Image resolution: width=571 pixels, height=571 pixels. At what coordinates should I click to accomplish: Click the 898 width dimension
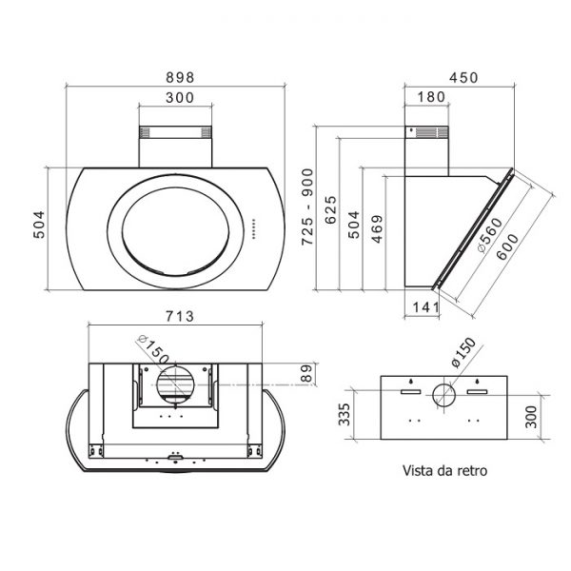click(x=180, y=78)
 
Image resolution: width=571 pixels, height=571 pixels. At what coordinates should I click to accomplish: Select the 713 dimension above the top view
click(x=180, y=317)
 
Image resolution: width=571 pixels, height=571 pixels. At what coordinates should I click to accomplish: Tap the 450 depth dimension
click(x=463, y=78)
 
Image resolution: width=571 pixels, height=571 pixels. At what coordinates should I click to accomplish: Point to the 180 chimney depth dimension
click(x=431, y=97)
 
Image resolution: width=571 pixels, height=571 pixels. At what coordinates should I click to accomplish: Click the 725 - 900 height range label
click(x=307, y=207)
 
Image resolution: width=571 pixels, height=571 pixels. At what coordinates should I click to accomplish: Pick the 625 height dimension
click(x=330, y=209)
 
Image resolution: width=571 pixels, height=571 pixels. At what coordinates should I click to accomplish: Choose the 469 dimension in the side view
click(x=377, y=229)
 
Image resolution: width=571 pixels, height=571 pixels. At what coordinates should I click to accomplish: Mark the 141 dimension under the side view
click(x=425, y=307)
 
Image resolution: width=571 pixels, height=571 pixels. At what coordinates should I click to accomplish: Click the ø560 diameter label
click(x=490, y=235)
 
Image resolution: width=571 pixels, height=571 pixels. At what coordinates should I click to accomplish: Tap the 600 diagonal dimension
click(x=507, y=246)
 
